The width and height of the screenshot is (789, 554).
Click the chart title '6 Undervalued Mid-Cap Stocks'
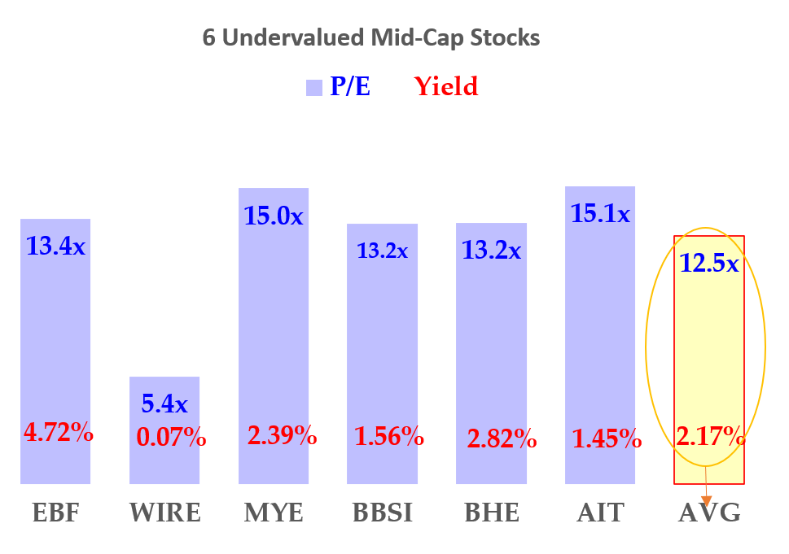(x=370, y=37)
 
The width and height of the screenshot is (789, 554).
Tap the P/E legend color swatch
(x=314, y=88)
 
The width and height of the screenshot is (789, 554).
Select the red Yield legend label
(x=445, y=86)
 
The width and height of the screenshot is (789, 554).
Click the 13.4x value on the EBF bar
(x=55, y=245)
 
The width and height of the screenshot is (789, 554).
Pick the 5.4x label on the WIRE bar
(x=164, y=404)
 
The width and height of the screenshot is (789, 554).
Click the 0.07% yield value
(x=171, y=438)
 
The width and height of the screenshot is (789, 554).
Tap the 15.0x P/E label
(x=274, y=216)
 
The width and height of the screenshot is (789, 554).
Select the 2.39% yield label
(x=282, y=435)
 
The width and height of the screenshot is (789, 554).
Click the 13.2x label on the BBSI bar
(x=382, y=251)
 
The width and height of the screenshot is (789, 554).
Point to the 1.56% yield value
(x=389, y=437)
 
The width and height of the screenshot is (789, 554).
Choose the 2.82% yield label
(x=502, y=440)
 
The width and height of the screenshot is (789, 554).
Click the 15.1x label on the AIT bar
(x=600, y=214)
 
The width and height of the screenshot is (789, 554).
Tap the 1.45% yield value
(x=607, y=438)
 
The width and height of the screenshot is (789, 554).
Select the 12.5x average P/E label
(x=708, y=264)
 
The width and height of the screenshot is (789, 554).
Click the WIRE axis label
(x=164, y=513)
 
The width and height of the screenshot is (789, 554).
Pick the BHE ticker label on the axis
(x=492, y=513)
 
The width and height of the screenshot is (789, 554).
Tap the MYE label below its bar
(x=274, y=513)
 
